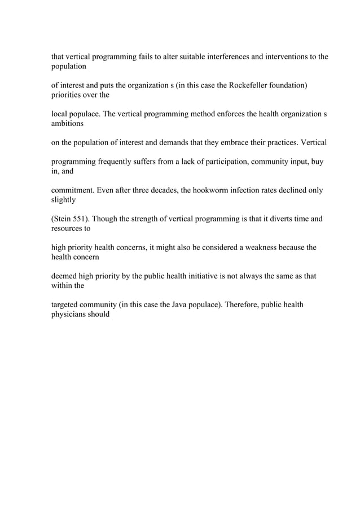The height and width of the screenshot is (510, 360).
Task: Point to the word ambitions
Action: [68, 124]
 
